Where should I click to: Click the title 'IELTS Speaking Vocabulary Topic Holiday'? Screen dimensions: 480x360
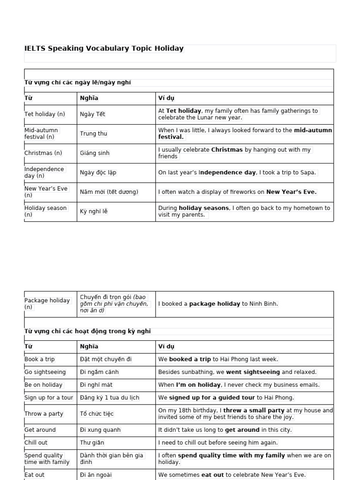tap(104, 48)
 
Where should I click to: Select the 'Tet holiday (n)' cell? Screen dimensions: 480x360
tap(45, 114)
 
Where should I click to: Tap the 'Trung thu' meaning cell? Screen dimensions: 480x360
tap(93, 134)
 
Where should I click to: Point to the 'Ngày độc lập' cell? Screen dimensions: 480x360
tap(98, 172)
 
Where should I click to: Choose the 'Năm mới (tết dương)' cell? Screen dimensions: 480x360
tap(109, 192)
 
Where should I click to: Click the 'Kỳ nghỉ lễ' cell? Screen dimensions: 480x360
tap(93, 211)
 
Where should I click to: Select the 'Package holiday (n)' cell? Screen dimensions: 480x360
tap(47, 303)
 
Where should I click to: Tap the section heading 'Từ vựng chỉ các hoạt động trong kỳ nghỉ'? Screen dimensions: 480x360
tap(88, 331)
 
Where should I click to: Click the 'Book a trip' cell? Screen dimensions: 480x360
tap(39, 359)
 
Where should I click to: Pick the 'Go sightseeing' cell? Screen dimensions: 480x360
tap(45, 372)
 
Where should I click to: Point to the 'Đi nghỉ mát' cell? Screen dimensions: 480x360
tap(96, 385)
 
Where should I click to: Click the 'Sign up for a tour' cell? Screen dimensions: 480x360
tap(49, 397)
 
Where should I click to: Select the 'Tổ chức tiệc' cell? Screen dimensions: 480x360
tap(97, 413)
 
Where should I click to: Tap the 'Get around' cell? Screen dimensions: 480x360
tap(40, 430)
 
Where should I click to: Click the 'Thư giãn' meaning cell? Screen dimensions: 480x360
tap(92, 442)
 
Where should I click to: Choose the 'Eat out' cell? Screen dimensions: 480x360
tap(34, 474)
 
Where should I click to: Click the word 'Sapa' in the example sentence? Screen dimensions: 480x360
tap(307, 172)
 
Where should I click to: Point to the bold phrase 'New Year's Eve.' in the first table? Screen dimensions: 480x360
tap(291, 192)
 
